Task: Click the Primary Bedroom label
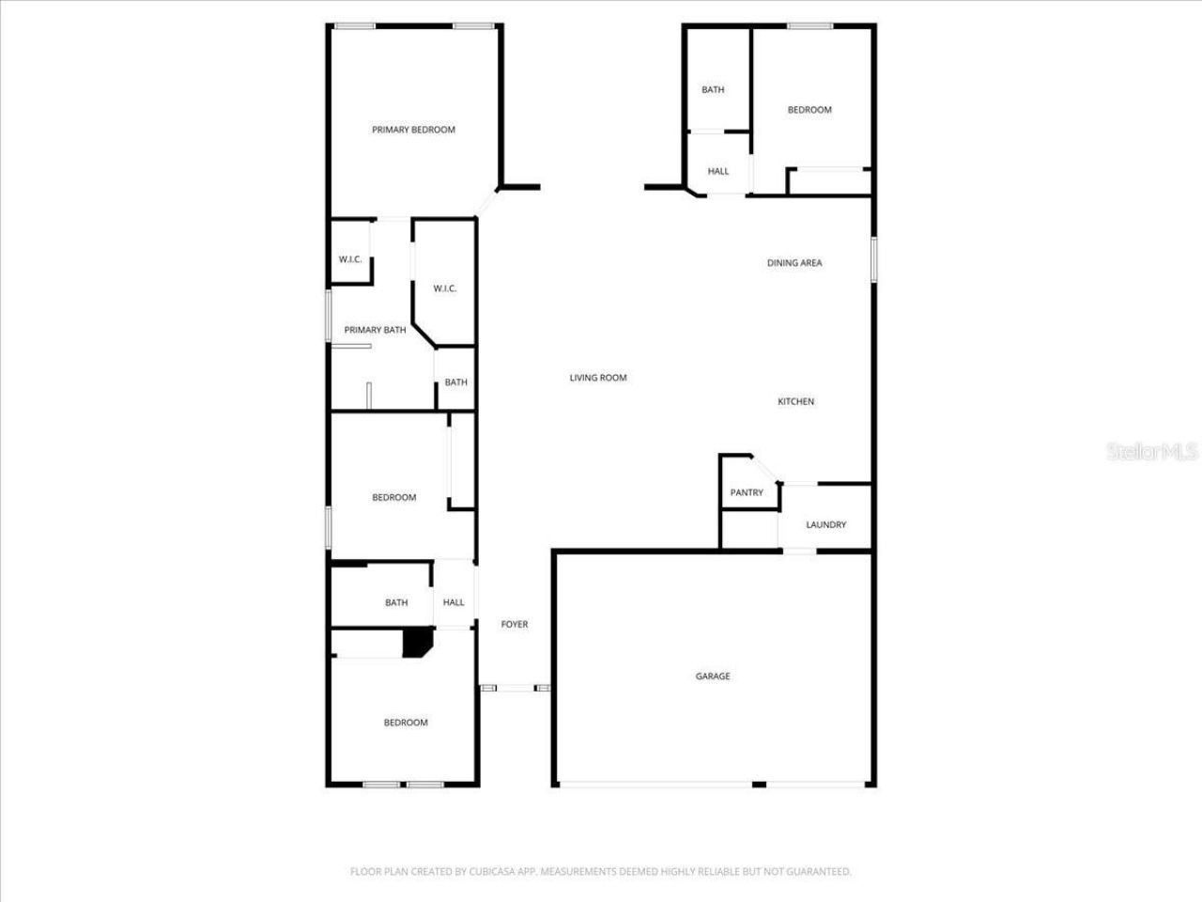point(413,130)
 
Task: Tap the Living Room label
point(598,378)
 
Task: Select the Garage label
point(713,676)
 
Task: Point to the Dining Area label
point(794,263)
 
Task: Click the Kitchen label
point(795,402)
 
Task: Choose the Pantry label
point(747,492)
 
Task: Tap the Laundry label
point(825,524)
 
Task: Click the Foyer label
point(515,624)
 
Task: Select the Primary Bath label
point(375,330)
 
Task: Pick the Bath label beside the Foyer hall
point(396,602)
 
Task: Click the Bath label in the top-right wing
point(713,90)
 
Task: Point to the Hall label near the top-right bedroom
point(718,171)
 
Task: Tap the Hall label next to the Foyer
point(454,602)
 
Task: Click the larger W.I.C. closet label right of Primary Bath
point(445,288)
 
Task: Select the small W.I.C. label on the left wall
point(350,259)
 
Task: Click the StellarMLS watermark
point(1152,452)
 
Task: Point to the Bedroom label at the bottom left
point(406,723)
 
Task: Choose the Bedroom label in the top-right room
point(809,110)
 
